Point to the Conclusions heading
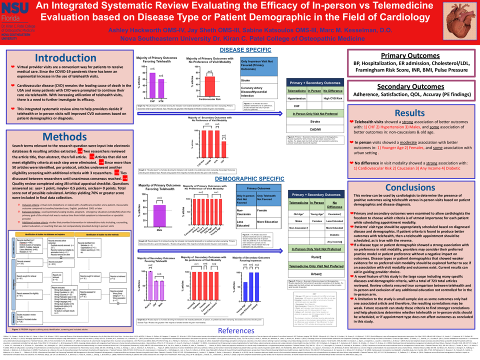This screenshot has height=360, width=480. pos(409,187)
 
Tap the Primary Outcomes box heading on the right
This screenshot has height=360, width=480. pos(409,55)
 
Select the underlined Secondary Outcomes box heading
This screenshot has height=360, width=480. pos(409,86)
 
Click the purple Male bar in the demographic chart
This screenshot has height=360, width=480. pos(160,216)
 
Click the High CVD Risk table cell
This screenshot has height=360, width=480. pos(332,98)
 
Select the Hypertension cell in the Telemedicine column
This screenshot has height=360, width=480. pos(298,98)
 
